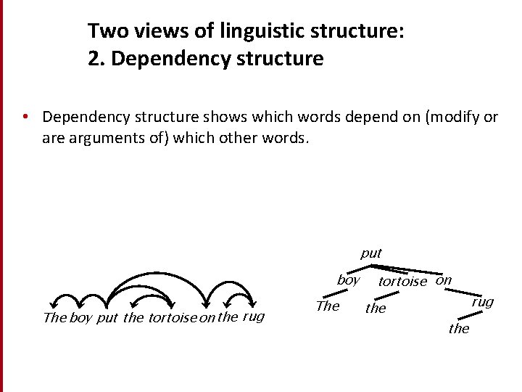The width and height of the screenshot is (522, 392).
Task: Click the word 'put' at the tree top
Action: coord(370,253)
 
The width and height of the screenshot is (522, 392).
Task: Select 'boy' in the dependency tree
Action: coord(348,280)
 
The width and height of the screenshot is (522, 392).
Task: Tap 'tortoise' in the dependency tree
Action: coord(402,282)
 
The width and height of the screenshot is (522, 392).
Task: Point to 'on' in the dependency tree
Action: coord(444,280)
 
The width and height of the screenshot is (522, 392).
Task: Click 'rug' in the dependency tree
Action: coord(482,302)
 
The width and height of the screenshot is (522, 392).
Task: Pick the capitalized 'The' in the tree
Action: coord(328,306)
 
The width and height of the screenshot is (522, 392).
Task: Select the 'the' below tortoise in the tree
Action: coord(376,309)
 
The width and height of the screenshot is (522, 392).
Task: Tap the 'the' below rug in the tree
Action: coord(459,329)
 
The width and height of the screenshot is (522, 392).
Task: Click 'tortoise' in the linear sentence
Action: coord(172,318)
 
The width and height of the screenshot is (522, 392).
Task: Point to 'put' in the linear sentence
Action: coord(107,318)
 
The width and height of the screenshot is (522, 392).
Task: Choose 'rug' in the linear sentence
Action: coord(253,317)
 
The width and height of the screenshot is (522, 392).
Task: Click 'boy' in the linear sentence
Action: coord(81,318)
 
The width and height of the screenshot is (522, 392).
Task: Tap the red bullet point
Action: coord(25,116)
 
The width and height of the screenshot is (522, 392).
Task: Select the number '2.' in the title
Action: coord(97,59)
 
